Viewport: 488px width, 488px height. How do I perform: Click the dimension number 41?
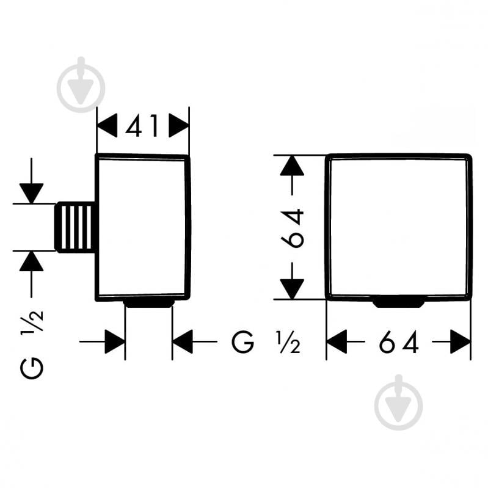[142, 125]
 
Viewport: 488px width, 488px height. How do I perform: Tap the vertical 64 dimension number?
[292, 229]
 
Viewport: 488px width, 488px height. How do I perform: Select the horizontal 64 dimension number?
[399, 342]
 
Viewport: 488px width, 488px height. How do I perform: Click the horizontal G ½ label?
[266, 342]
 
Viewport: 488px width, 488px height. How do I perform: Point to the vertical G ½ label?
[31, 344]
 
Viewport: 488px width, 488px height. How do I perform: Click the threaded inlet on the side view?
[75, 227]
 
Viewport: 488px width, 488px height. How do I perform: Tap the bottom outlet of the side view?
[148, 304]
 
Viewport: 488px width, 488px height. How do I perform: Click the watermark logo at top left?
[81, 85]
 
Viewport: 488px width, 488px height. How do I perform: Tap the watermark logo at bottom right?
[399, 402]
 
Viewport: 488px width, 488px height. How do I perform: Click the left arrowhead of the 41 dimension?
[107, 125]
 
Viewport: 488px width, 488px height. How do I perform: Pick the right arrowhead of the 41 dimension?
[179, 125]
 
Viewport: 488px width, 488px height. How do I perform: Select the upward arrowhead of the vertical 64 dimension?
[292, 166]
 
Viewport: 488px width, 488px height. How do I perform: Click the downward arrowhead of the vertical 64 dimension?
[292, 289]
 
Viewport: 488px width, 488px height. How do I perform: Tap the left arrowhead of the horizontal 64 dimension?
[337, 342]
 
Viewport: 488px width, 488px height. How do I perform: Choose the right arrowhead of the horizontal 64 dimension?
[461, 342]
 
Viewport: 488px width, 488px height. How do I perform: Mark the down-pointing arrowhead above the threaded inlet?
[31, 194]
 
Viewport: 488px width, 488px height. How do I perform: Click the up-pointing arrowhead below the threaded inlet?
[31, 261]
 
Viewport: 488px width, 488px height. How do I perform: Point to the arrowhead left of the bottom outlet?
[115, 342]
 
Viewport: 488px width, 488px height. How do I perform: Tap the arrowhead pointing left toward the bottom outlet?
[183, 342]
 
